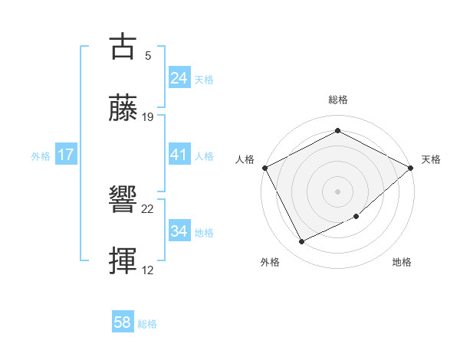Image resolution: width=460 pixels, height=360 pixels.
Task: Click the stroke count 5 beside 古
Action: coord(148,56)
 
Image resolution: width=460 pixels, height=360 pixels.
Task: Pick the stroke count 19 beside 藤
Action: coord(148,117)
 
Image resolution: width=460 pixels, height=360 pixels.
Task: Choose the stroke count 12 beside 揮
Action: coord(148,270)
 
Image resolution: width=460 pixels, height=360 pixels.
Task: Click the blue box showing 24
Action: coord(179,78)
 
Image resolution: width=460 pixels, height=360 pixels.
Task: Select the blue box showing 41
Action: coord(179,155)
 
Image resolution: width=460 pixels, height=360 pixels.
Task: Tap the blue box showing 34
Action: coord(179,231)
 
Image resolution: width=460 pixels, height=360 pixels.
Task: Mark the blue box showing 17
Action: coord(65,155)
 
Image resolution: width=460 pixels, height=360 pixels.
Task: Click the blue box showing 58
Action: coord(122,322)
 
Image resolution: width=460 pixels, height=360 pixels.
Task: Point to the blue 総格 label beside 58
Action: coord(147,324)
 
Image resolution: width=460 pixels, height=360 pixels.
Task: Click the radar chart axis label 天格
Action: coord(431,159)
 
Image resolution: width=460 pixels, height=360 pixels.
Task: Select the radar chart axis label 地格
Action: coord(402,263)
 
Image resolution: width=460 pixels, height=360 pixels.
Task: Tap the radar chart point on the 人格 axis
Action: coord(264,167)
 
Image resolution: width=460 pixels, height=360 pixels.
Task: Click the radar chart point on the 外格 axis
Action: coord(301,242)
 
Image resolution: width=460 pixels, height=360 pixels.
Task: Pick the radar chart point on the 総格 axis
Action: coord(337,131)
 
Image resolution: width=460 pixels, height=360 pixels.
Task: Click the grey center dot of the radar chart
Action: coord(337,191)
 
